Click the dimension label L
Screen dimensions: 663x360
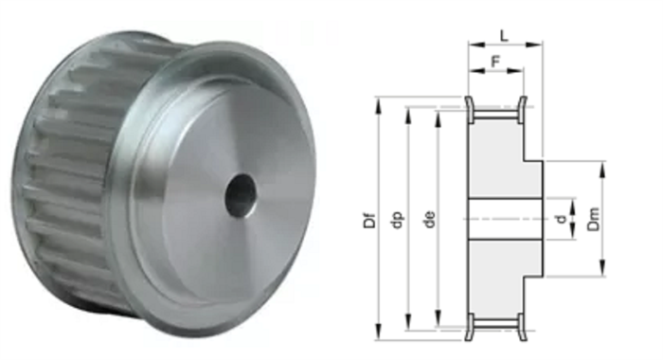(x=504, y=36)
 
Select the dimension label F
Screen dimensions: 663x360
(x=496, y=62)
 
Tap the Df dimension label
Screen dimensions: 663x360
(x=369, y=220)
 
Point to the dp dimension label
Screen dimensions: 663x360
(x=399, y=220)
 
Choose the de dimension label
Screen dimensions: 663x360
(x=430, y=220)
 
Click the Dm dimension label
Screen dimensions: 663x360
(x=594, y=219)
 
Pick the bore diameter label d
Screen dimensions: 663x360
(x=562, y=219)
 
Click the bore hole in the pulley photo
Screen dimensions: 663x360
(x=241, y=196)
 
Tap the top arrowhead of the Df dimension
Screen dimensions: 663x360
(x=379, y=105)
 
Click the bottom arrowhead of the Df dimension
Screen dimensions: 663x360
(x=379, y=333)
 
